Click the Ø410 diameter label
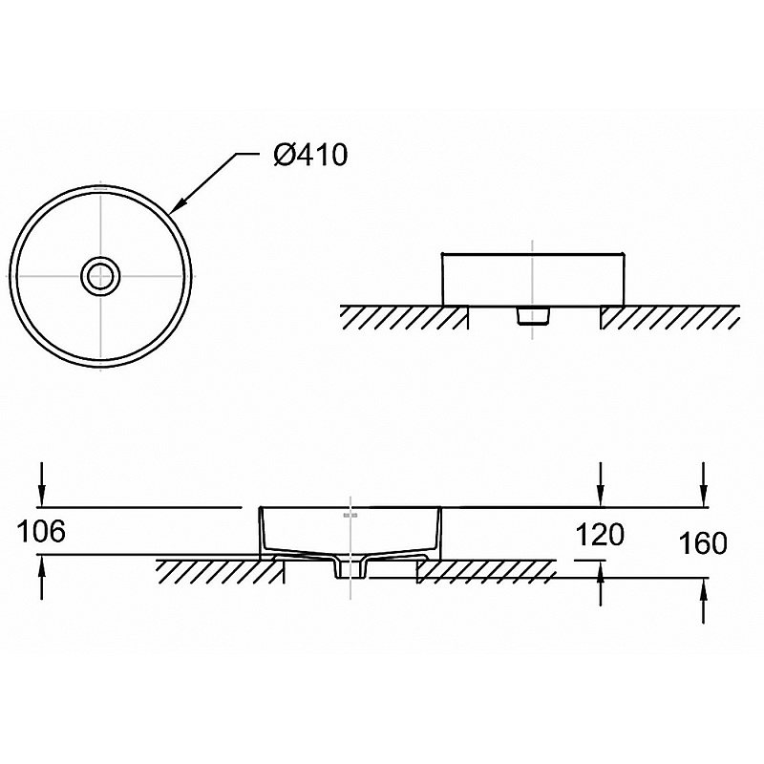pyautogui.click(x=310, y=155)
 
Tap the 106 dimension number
pyautogui.click(x=41, y=531)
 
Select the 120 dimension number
pyautogui.click(x=600, y=535)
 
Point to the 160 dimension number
pyautogui.click(x=703, y=542)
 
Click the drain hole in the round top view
pyautogui.click(x=100, y=276)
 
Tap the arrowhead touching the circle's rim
pyautogui.click(x=178, y=206)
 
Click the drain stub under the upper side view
pyautogui.click(x=533, y=315)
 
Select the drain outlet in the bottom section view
pyautogui.click(x=350, y=568)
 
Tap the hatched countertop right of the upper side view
pyautogui.click(x=670, y=317)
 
